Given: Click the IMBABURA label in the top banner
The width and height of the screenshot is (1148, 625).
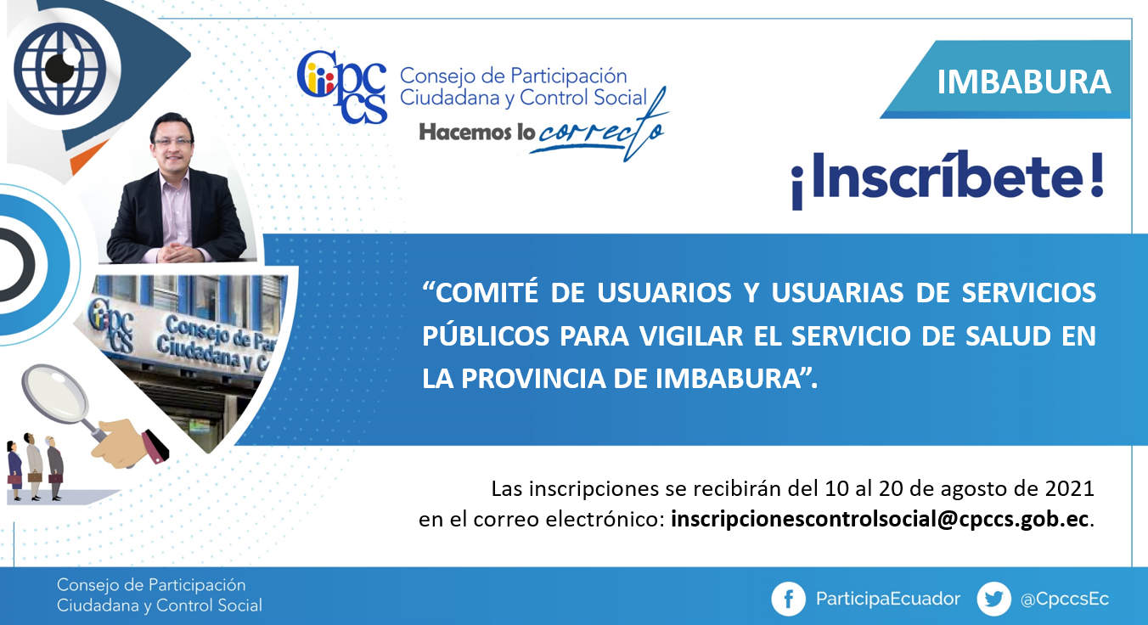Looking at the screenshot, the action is coord(1023,82).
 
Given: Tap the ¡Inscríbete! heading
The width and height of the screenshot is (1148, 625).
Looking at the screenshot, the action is coord(947,178).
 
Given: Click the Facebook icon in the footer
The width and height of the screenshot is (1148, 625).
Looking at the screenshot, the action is coord(788,599).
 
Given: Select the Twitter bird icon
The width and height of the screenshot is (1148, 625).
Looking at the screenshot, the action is coord(993,599).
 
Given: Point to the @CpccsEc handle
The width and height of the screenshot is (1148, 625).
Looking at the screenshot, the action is coord(1065,600).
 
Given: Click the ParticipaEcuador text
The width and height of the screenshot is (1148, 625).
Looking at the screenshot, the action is coord(887,600).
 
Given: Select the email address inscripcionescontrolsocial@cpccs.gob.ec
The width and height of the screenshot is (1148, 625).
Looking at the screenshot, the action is coord(880,520).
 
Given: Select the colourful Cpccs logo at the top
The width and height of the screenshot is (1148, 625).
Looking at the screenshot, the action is coord(342,87).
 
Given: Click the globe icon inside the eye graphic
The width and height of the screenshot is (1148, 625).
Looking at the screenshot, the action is coord(60,69).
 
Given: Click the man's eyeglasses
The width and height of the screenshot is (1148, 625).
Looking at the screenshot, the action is coord(172,142).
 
